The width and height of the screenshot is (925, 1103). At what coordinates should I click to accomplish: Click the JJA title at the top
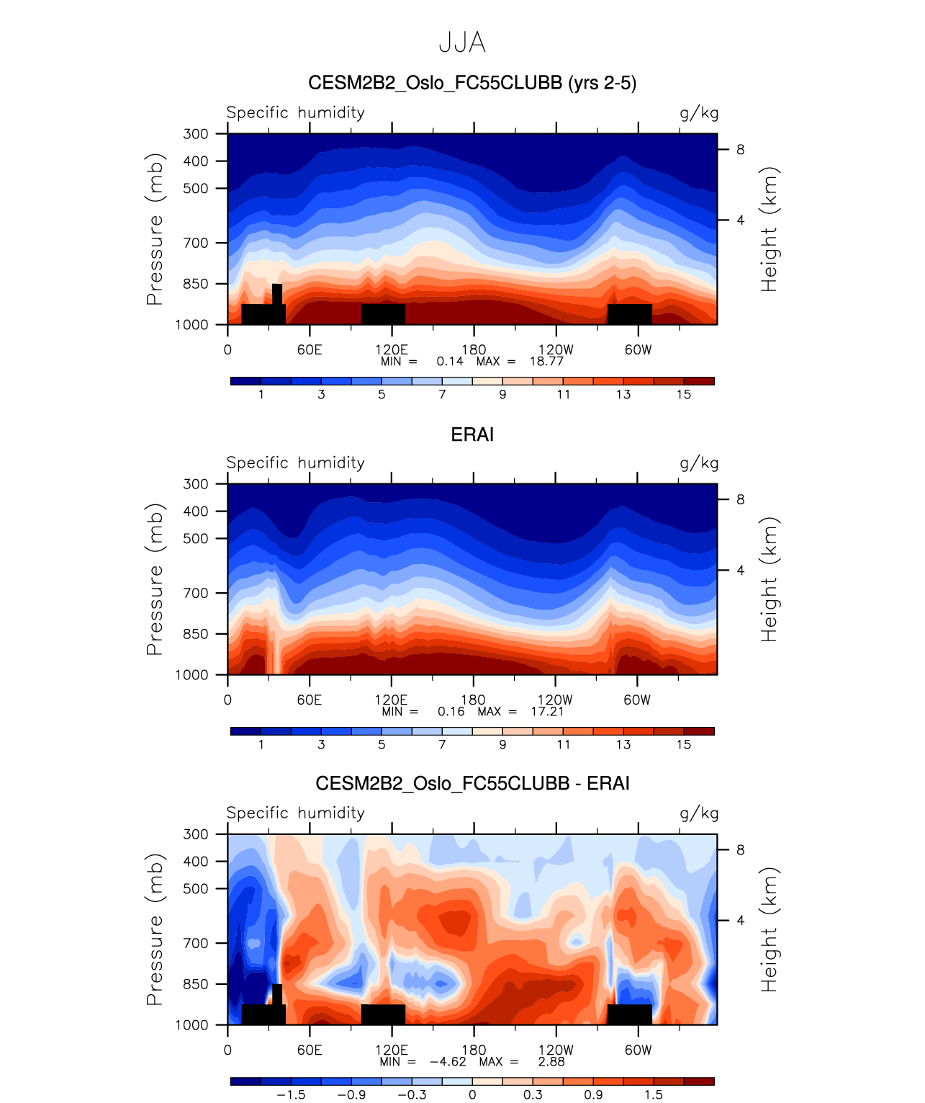tap(462, 43)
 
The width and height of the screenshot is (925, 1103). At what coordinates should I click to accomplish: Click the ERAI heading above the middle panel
tap(472, 434)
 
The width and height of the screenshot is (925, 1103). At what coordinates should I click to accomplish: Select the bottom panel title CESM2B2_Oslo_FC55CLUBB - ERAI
tap(472, 784)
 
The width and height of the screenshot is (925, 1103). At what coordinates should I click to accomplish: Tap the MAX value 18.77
tap(546, 362)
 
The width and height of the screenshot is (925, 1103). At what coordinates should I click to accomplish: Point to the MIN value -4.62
tap(448, 1062)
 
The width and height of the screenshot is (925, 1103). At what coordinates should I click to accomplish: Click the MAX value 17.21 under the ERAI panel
tap(547, 712)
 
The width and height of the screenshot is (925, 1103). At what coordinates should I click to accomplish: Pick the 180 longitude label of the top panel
tap(474, 349)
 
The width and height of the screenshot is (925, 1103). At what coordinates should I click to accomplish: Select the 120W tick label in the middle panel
tap(555, 700)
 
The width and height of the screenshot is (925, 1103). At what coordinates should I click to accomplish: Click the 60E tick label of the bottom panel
tap(310, 1050)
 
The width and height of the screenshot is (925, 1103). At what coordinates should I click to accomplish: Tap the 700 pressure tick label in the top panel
tap(196, 243)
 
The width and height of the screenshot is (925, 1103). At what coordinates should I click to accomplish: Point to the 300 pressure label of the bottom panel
tap(196, 834)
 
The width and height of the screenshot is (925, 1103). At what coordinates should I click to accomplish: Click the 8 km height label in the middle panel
tap(740, 500)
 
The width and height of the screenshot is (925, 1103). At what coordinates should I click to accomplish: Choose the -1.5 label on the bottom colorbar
tap(291, 1095)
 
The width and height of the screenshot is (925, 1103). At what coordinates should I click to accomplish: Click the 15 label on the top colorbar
tap(684, 395)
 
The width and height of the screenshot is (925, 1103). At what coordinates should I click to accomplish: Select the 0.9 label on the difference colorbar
tap(593, 1095)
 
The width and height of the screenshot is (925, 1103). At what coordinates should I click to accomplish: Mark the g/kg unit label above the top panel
tap(699, 113)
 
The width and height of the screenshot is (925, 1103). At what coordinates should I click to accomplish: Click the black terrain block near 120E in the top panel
tap(383, 314)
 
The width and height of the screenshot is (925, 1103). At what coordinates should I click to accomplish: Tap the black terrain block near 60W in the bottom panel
tap(629, 1014)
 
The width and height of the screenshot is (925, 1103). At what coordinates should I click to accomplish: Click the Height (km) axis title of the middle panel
tap(770, 579)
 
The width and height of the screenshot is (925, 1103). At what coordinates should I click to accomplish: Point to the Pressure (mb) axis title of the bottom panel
tap(155, 929)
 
